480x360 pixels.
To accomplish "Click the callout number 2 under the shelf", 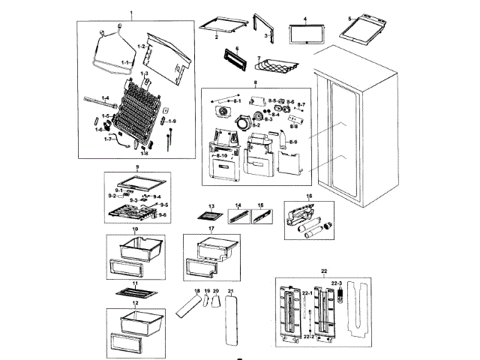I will [216, 37].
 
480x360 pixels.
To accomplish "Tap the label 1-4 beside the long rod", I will [105, 98].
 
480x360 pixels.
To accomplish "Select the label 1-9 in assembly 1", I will [172, 121].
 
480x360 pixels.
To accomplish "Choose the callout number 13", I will [211, 205].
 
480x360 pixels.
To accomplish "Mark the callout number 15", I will [260, 205].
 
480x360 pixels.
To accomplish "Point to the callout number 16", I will [308, 196].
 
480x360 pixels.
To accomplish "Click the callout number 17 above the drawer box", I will [211, 228].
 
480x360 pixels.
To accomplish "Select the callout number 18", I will [197, 290].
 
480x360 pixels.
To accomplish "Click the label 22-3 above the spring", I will [337, 283].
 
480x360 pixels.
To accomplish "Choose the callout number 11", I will [136, 285].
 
